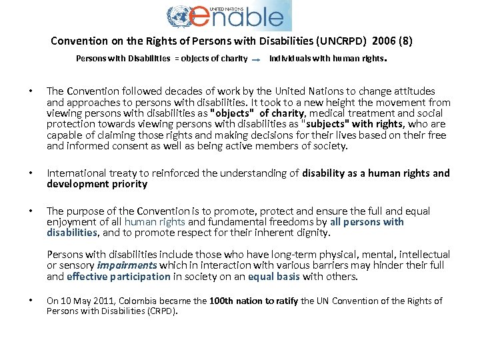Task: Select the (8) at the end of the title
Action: coord(405,41)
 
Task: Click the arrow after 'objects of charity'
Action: coord(257,59)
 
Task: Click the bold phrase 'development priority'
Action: coord(97,184)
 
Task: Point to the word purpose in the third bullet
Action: coord(87,211)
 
